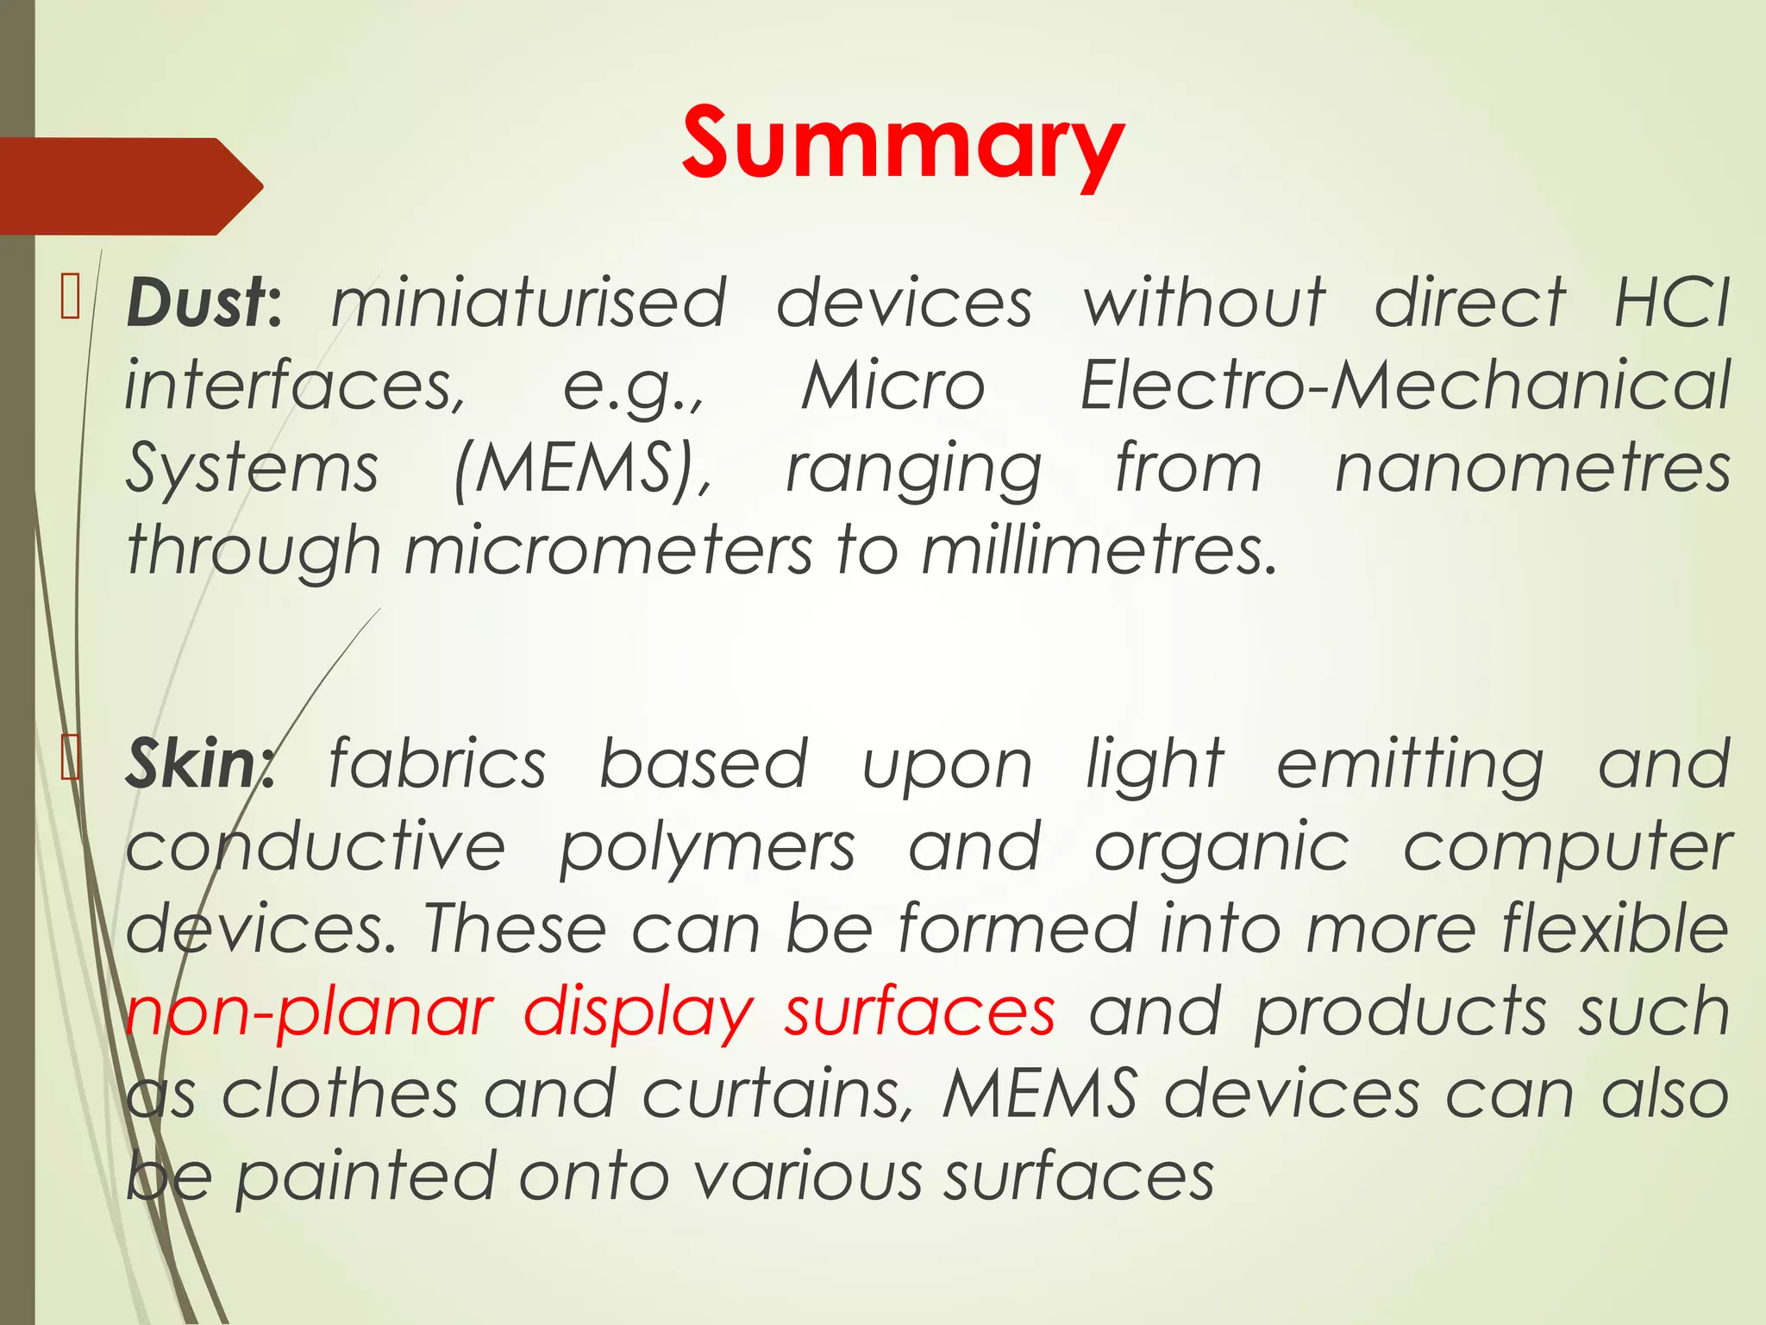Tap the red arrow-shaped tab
tap(129, 186)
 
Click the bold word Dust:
tap(204, 304)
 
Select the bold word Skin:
tap(199, 765)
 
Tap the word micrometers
tap(608, 550)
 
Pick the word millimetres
tap(1098, 550)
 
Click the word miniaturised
tap(529, 304)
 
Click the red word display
tap(639, 1012)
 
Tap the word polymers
tap(707, 848)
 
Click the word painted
tap(366, 1177)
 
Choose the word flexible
tap(1615, 930)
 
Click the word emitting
tap(1411, 765)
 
